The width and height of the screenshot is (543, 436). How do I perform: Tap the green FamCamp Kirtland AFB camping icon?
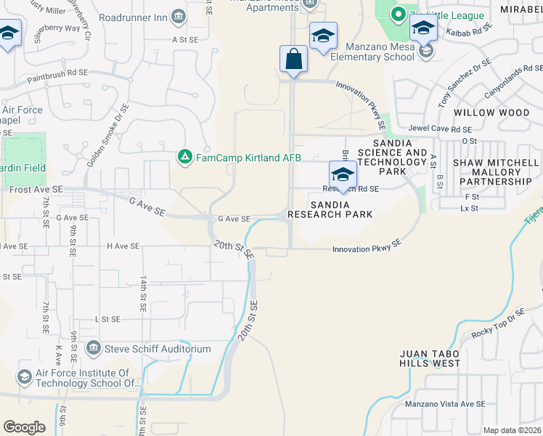pos(185,156)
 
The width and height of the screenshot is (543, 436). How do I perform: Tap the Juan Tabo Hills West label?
pos(430,358)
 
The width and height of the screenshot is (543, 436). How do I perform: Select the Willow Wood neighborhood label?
pos(491,113)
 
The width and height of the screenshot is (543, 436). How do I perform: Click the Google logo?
pos(24,427)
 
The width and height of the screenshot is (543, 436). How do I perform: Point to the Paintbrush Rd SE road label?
pos(57,74)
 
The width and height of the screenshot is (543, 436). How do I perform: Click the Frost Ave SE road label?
pos(36,189)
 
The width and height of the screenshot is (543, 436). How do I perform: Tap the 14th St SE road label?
pos(144,294)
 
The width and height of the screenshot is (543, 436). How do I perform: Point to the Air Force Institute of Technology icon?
pos(24,376)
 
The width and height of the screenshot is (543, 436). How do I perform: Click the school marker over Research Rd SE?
pos(343,174)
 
